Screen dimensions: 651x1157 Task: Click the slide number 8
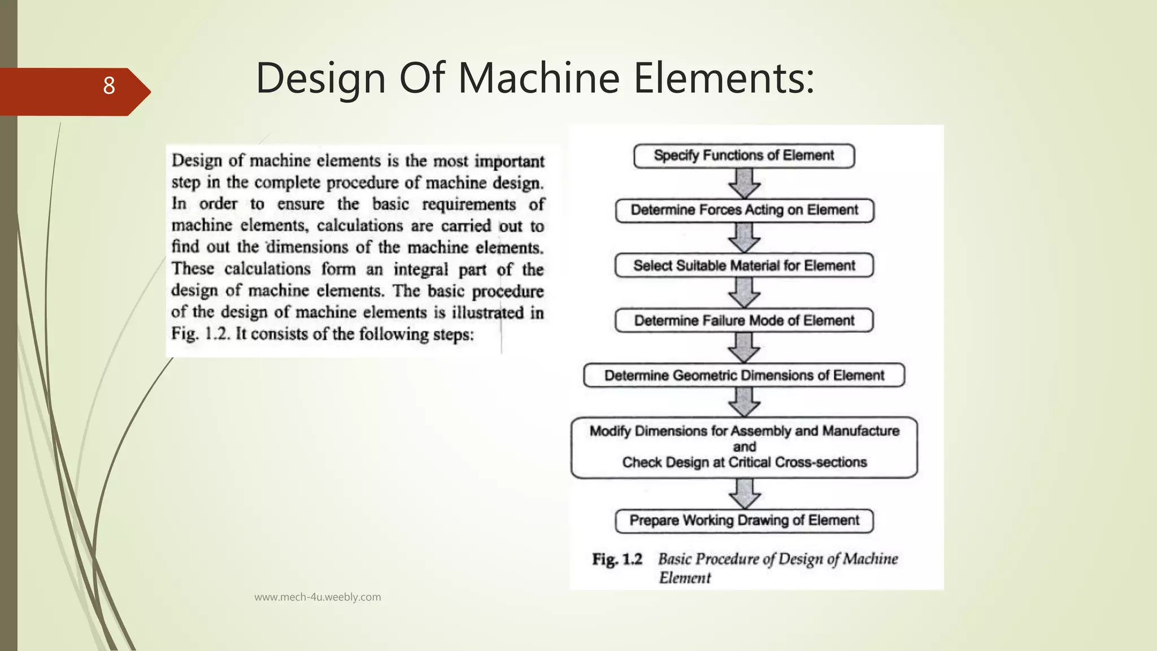coord(109,86)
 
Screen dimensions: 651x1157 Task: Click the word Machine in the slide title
coord(538,78)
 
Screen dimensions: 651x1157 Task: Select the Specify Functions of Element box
coord(743,156)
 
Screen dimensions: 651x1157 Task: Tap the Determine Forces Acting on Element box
coord(744,210)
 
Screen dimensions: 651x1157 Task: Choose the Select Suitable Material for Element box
coord(744,266)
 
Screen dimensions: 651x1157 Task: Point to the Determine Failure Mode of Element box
coord(744,320)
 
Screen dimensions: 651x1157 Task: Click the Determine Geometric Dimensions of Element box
coord(744,375)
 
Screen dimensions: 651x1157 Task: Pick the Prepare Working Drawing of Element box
coord(744,520)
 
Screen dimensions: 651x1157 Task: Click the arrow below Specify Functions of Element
coord(744,183)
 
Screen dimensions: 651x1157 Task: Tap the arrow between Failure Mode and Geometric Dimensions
coord(744,348)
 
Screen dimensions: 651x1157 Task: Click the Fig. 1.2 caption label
coord(617,559)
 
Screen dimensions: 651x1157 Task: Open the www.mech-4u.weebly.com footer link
coord(317,597)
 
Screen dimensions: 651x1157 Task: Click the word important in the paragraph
coord(509,162)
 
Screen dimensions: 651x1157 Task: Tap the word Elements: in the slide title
coord(724,78)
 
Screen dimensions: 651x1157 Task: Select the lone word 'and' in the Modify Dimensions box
coord(744,446)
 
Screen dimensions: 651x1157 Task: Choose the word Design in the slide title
coord(320,78)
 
